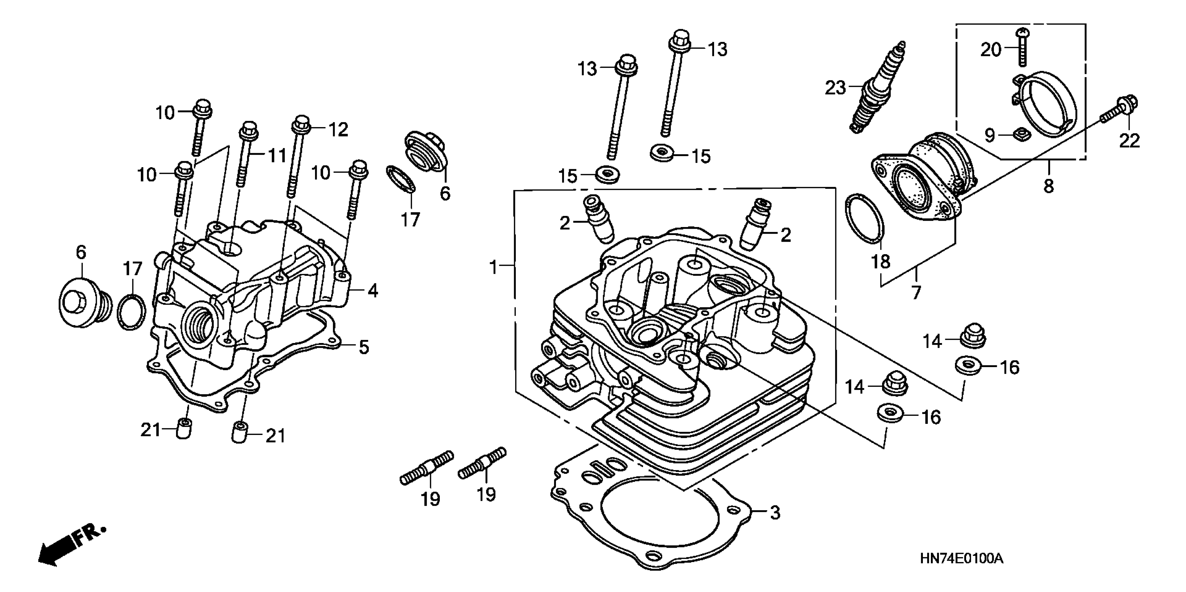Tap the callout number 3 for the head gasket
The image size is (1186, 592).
pos(775,512)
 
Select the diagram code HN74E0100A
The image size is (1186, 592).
pos(961,559)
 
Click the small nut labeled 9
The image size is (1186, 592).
pos(1022,135)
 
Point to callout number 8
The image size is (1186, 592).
pos(1048,186)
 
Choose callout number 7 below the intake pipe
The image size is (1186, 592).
pos(916,293)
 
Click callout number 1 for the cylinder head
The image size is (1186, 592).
pos(493,266)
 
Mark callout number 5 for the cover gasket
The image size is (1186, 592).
pos(364,347)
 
